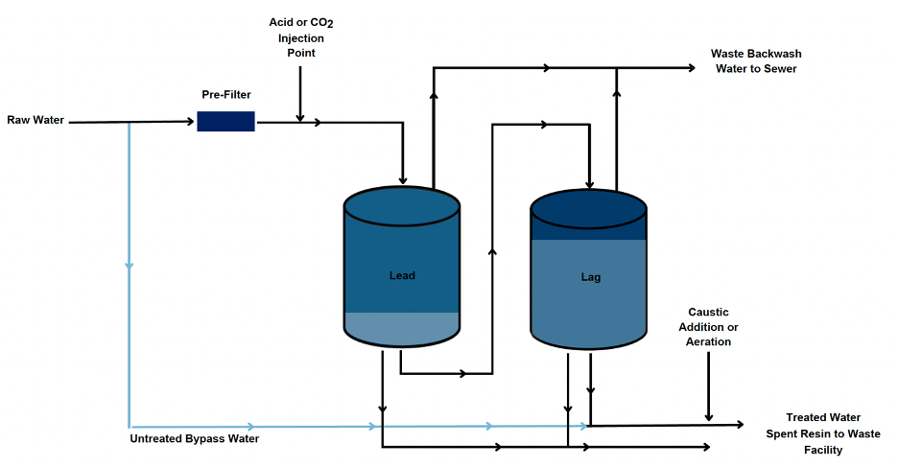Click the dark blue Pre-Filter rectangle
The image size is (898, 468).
(225, 121)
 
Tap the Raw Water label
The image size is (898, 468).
(35, 120)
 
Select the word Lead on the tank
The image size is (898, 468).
(402, 275)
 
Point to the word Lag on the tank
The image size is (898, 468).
(591, 277)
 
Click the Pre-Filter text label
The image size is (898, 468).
(225, 96)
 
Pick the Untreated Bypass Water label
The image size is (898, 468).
(195, 439)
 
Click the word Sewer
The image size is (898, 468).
(780, 69)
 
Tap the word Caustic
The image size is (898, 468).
(709, 313)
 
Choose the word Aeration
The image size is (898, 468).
(709, 341)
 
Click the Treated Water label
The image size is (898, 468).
(823, 417)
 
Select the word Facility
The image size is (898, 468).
(823, 450)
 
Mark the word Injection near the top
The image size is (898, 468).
(301, 38)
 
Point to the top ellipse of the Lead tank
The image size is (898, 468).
(402, 203)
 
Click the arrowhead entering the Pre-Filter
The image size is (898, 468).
(191, 122)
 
